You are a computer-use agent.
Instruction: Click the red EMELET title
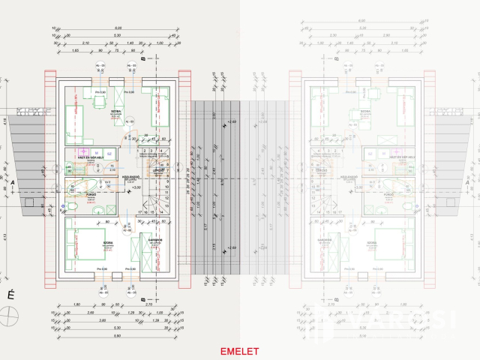point(239,351)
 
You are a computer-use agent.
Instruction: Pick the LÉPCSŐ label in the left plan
point(158,169)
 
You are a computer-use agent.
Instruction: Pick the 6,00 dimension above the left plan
point(118,28)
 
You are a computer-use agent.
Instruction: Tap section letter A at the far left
point(13,181)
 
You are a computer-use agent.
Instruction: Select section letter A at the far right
point(467,181)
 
